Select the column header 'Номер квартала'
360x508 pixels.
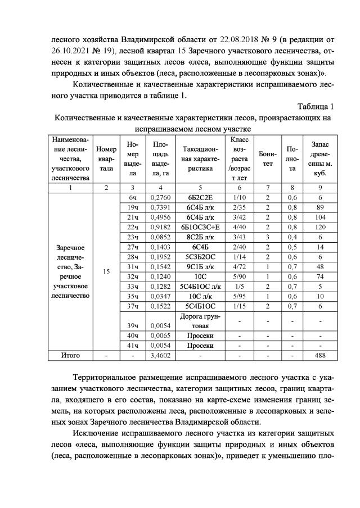click(x=107, y=159)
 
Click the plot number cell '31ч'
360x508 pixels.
click(x=133, y=266)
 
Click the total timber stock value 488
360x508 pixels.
click(x=320, y=355)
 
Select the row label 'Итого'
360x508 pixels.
click(x=71, y=355)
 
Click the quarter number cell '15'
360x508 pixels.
click(x=107, y=271)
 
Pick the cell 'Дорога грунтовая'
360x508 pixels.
click(x=197, y=320)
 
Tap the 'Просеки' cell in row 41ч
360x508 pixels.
click(x=197, y=345)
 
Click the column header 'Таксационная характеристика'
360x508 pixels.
click(x=197, y=159)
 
